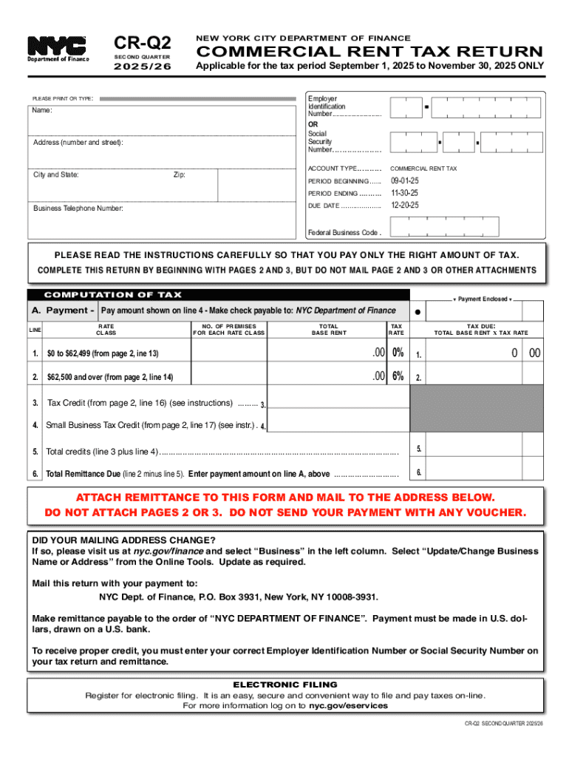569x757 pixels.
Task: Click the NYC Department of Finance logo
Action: (58, 49)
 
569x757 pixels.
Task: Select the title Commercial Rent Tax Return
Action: (368, 52)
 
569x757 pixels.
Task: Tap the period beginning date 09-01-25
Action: (405, 181)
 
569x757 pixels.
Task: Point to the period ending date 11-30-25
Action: (405, 193)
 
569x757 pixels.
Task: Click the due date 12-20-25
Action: (405, 205)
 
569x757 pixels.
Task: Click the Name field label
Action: (43, 111)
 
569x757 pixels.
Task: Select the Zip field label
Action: (180, 175)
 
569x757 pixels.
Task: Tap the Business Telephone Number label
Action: (78, 208)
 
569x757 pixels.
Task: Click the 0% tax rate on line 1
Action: (398, 353)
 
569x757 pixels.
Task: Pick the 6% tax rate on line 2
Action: (398, 376)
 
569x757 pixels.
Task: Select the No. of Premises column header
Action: (228, 329)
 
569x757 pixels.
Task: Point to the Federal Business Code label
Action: (344, 232)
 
